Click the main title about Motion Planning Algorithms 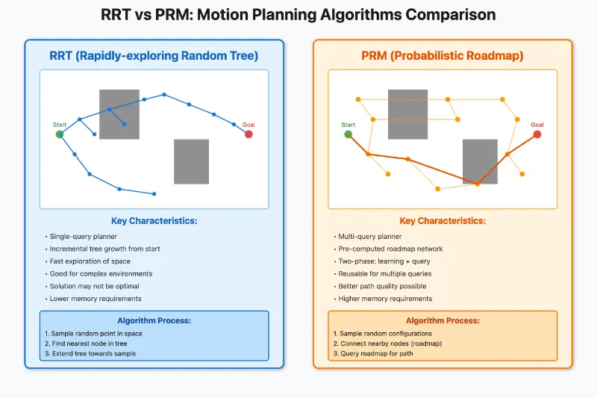point(298,15)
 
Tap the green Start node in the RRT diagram point(60,134)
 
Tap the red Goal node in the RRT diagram point(249,134)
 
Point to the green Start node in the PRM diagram point(348,134)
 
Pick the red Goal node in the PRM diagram point(537,134)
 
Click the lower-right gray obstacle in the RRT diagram point(191,161)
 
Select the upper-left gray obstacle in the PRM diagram point(407,114)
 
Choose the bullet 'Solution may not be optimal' point(94,286)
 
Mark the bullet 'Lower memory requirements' point(95,299)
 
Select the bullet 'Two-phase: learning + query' point(383,261)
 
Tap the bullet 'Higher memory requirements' point(384,299)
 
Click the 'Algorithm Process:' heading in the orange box point(443,320)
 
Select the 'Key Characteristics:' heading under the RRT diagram point(154,221)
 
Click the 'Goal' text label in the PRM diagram point(537,125)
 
